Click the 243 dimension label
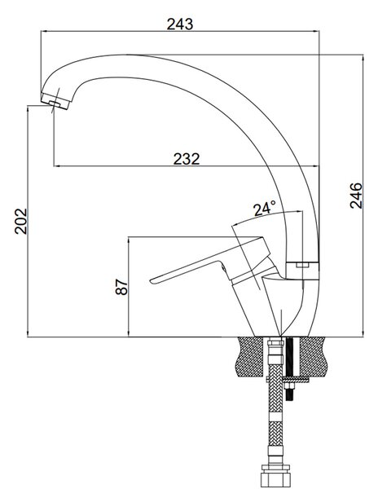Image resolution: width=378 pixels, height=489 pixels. pyautogui.click(x=180, y=24)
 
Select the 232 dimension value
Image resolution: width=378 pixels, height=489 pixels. pyautogui.click(x=187, y=159)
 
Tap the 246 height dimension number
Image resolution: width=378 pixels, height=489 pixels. pyautogui.click(x=356, y=196)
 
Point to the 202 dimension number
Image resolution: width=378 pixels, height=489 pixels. pyautogui.click(x=21, y=222)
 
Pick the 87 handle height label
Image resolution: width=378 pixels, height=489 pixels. pyautogui.click(x=121, y=287)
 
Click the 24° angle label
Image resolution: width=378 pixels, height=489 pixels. pyautogui.click(x=265, y=209)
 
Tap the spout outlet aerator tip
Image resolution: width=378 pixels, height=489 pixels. pyautogui.click(x=55, y=101)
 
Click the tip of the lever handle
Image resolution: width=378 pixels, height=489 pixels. pyautogui.click(x=152, y=281)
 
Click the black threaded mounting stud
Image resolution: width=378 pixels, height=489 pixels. pyautogui.click(x=290, y=368)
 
